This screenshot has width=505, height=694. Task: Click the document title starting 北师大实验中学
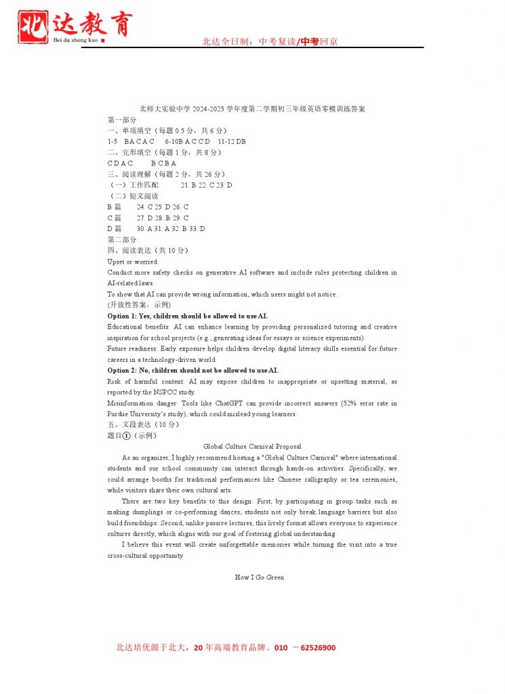click(x=251, y=108)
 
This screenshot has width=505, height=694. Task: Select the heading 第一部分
click(x=121, y=119)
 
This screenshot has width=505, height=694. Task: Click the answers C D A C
click(x=120, y=163)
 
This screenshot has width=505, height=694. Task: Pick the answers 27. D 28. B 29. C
click(x=163, y=218)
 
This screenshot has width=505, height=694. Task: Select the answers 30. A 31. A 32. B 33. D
click(x=171, y=228)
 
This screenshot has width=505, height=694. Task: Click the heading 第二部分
click(x=121, y=239)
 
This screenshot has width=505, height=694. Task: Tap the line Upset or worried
click(x=133, y=262)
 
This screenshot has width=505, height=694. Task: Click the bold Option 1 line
click(x=187, y=316)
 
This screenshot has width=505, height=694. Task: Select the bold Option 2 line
click(x=193, y=370)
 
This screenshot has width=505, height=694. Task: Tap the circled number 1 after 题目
click(x=126, y=436)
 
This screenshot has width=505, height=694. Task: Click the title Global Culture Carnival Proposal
click(x=252, y=447)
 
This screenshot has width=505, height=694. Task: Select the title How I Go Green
click(x=259, y=577)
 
